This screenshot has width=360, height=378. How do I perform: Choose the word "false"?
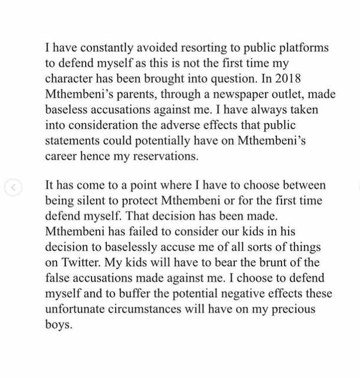point(58,278)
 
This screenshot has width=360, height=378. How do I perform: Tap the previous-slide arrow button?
point(13,188)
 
